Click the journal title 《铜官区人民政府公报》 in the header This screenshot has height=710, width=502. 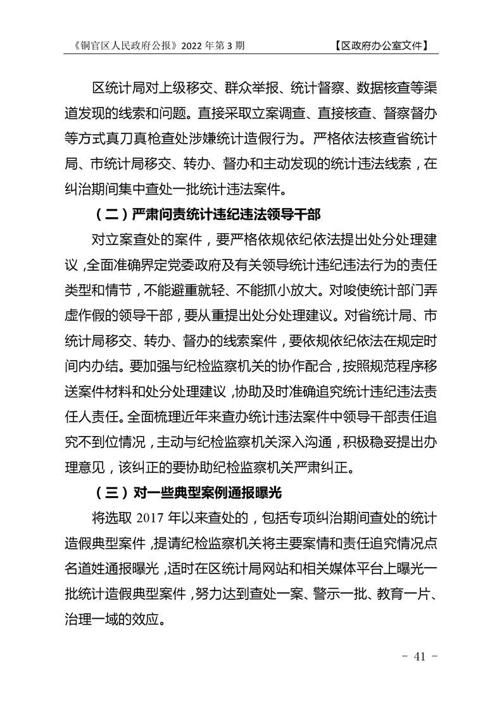[x=126, y=46]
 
